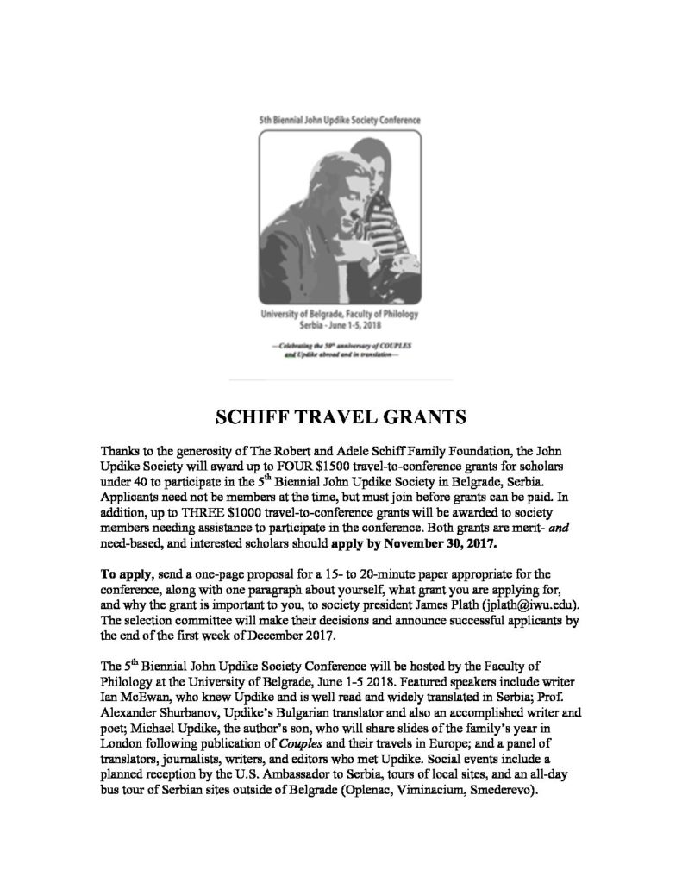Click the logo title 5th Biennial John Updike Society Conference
pyautogui.click(x=340, y=122)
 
